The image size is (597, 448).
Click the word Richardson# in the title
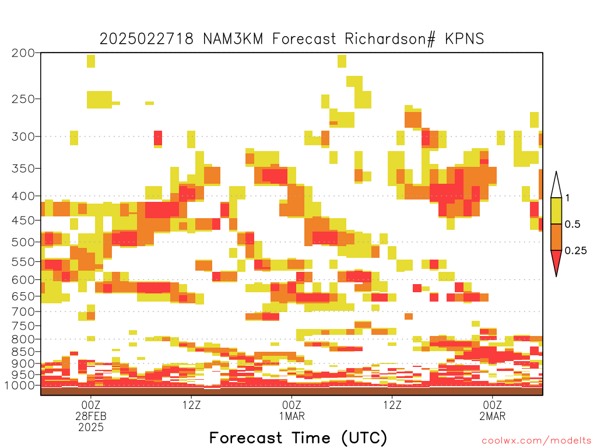coord(390,39)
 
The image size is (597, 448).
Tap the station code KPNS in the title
coord(465,39)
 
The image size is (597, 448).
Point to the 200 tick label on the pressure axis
coord(23,53)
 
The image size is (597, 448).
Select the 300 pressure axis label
coord(23,136)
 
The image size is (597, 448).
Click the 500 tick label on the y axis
coord(23,242)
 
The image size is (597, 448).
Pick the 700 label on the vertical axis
coord(23,311)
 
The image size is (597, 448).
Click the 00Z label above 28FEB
coord(90,405)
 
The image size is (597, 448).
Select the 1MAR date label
coord(292,416)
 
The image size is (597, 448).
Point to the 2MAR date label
coord(492,416)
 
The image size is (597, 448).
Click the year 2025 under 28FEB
coord(90,428)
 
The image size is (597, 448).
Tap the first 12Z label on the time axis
coord(191,405)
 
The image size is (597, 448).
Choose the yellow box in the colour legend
coord(556,211)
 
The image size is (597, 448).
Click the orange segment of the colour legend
coord(556,237)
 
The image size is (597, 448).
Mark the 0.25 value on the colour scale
coord(575,251)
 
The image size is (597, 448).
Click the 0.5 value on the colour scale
coord(573,225)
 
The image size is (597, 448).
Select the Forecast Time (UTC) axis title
coord(298,438)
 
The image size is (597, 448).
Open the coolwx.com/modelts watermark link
coord(536,441)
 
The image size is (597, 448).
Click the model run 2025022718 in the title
coord(146,39)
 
